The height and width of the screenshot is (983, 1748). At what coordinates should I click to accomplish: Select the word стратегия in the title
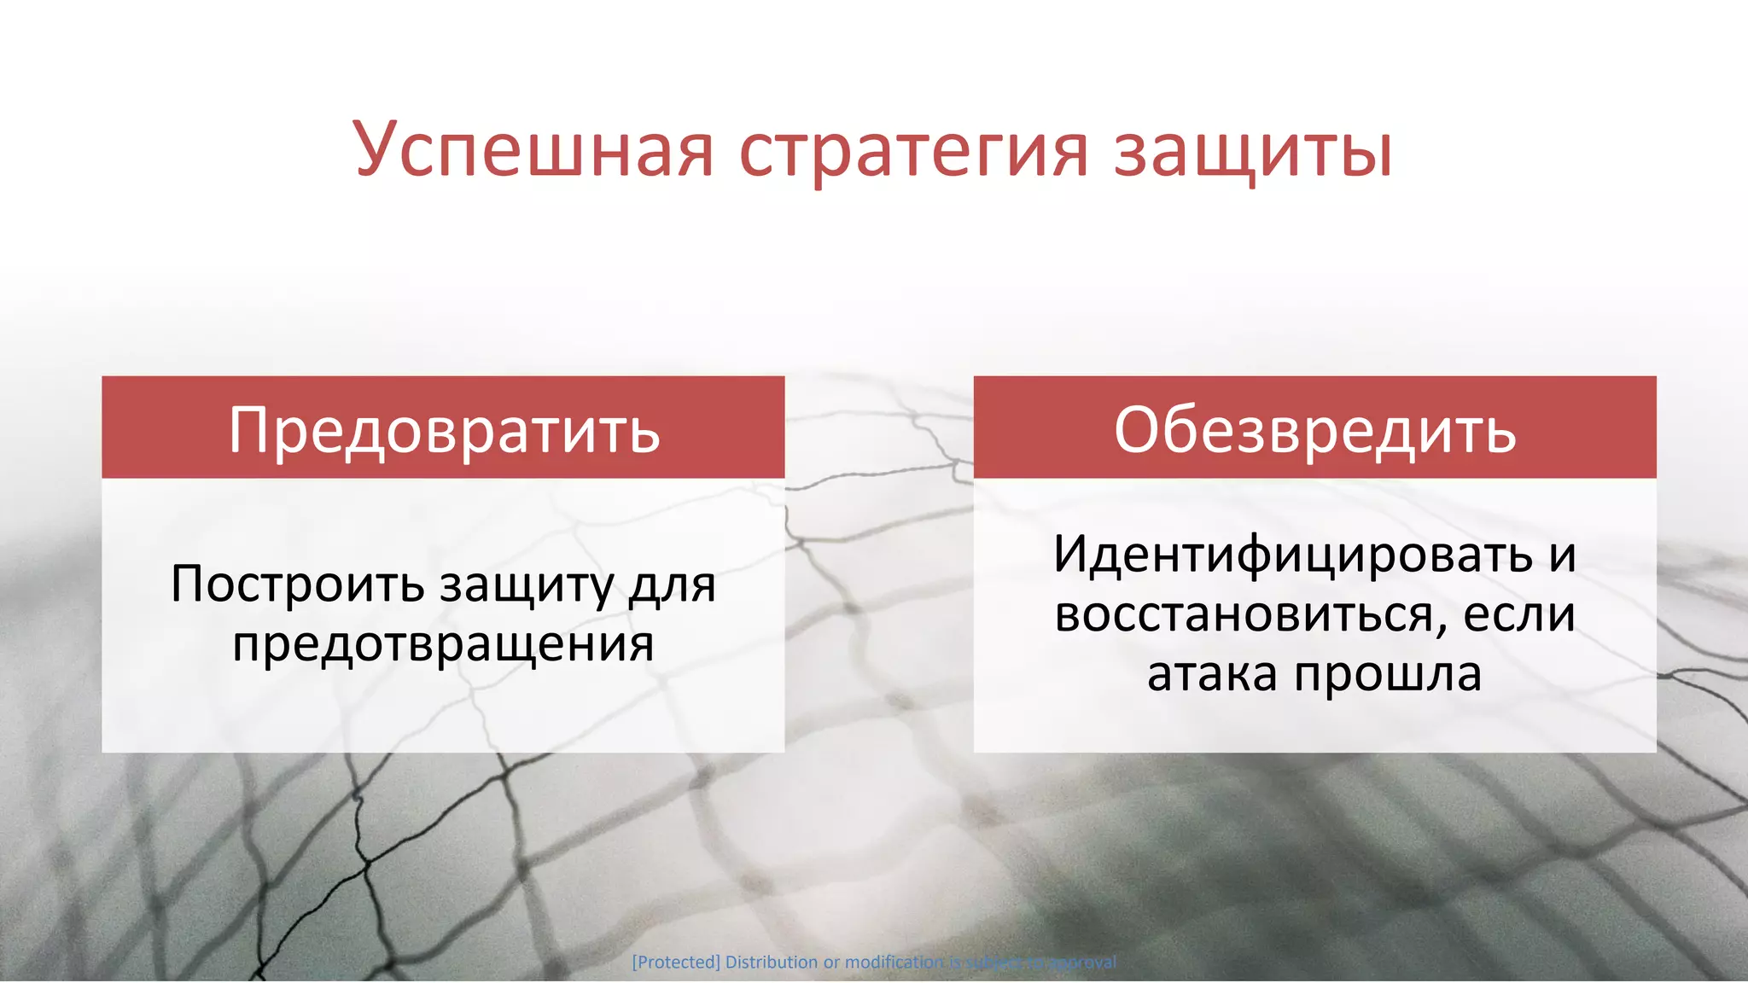point(913,151)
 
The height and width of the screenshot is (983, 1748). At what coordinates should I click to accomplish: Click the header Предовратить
point(444,429)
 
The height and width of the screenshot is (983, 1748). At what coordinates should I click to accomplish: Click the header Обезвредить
point(1314,429)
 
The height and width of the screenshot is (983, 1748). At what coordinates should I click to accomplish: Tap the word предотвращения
point(443,644)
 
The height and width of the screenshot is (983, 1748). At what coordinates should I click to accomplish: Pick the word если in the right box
point(1519,614)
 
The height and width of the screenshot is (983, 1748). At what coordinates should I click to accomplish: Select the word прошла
point(1388,674)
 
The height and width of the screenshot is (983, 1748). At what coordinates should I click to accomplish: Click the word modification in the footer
point(894,963)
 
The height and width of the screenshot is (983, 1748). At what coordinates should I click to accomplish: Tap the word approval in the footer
point(1082,963)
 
